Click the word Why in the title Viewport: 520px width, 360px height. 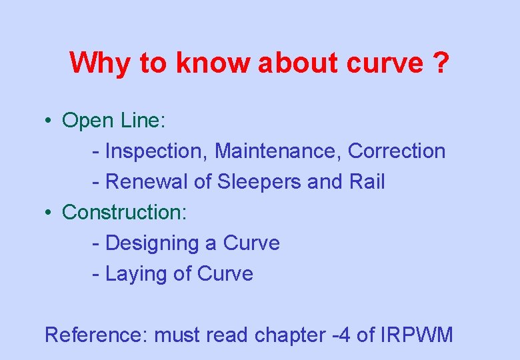point(100,63)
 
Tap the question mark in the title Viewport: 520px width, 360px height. point(440,63)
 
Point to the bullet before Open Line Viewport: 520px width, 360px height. point(49,121)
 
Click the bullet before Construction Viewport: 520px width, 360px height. point(49,213)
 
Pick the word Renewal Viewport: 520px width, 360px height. point(148,182)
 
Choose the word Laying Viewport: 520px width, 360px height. point(136,274)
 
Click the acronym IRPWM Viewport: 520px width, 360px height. point(416,335)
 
